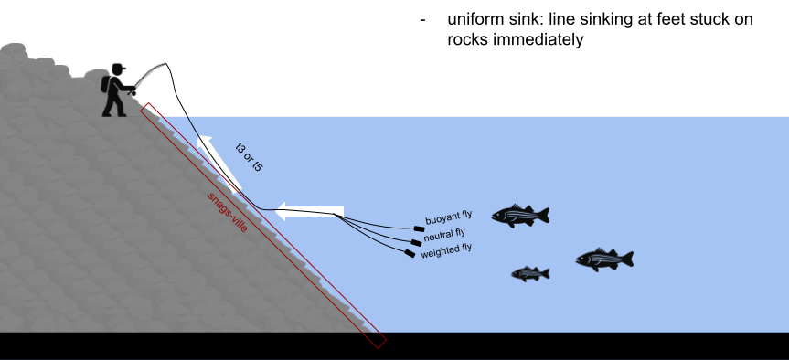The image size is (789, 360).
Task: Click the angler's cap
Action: pos(118,69)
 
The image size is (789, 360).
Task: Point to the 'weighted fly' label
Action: pos(446,248)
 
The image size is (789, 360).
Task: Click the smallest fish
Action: pos(530,273)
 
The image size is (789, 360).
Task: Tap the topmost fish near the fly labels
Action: pos(519,215)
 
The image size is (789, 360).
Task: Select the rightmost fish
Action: pos(603,259)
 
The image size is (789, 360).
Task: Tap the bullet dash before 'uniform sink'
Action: pos(422,20)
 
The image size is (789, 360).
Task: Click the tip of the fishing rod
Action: pos(168,65)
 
